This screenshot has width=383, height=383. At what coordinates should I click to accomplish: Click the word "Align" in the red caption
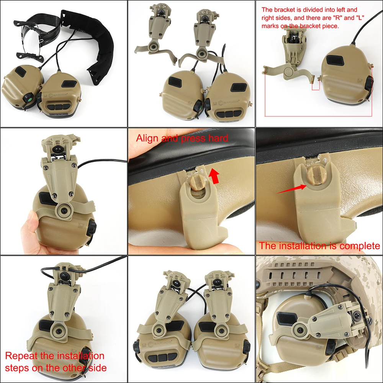147,138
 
